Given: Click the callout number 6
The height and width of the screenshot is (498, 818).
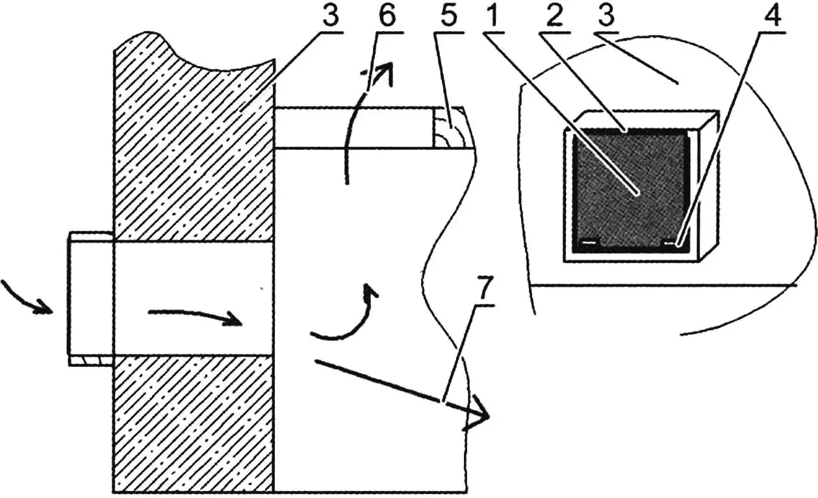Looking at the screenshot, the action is click(387, 16).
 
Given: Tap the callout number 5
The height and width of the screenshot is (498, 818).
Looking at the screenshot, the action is click(448, 16).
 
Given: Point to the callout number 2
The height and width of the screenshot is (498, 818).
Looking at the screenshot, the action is click(554, 16).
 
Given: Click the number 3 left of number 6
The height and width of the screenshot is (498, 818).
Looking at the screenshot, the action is click(331, 16).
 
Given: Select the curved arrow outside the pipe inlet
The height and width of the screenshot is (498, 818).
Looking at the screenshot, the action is click(27, 299).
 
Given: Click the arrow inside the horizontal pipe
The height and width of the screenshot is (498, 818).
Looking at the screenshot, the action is click(195, 316).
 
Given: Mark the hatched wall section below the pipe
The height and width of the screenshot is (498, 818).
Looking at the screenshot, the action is click(194, 424).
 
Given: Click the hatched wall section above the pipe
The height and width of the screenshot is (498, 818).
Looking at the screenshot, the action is click(194, 146).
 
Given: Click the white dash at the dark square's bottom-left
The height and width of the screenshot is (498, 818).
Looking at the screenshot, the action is click(589, 242).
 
